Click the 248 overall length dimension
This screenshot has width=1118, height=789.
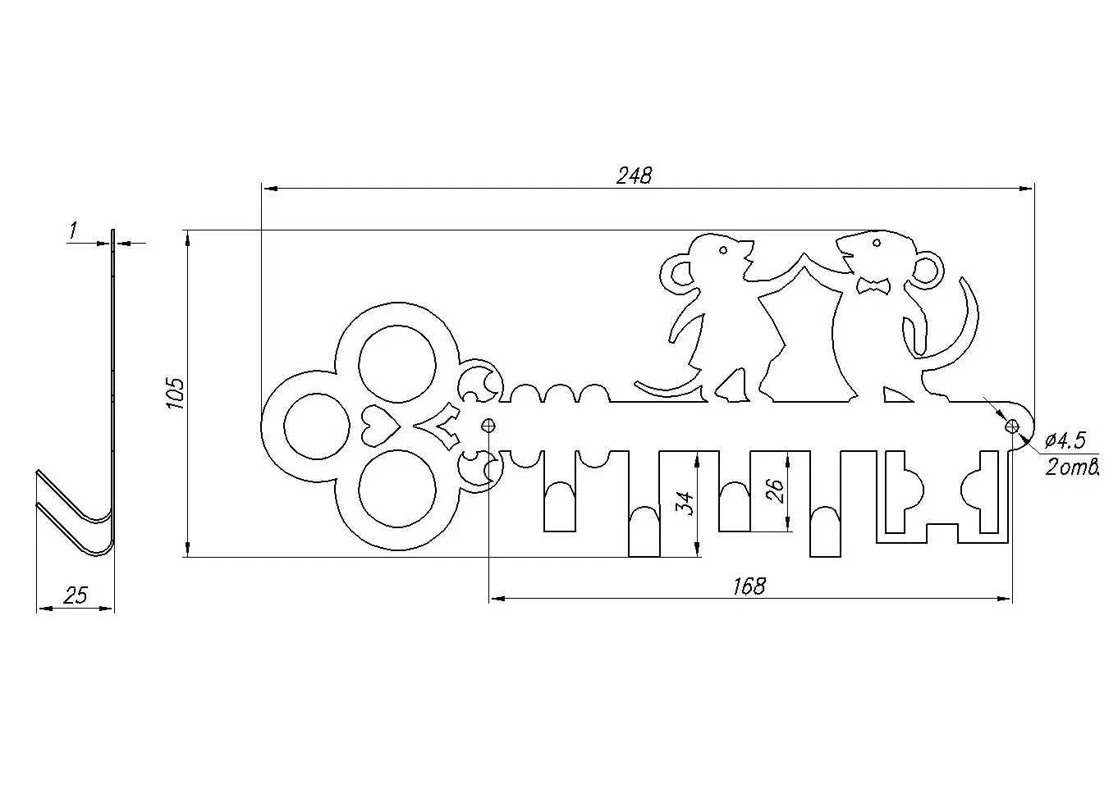click(634, 176)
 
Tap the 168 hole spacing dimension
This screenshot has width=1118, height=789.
click(749, 586)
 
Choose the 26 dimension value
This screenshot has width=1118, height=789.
click(775, 490)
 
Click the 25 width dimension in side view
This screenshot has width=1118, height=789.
click(75, 596)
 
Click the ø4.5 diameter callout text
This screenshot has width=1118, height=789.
click(1065, 441)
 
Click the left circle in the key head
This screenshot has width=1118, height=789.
click(313, 426)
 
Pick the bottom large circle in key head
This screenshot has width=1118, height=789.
click(398, 490)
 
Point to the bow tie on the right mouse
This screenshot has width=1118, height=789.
click(873, 285)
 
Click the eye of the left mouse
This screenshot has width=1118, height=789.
click(723, 249)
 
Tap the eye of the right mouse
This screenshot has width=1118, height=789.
click(876, 243)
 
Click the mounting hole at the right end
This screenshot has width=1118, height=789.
click(1012, 426)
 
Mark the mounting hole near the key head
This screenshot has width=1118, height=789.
click(489, 425)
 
